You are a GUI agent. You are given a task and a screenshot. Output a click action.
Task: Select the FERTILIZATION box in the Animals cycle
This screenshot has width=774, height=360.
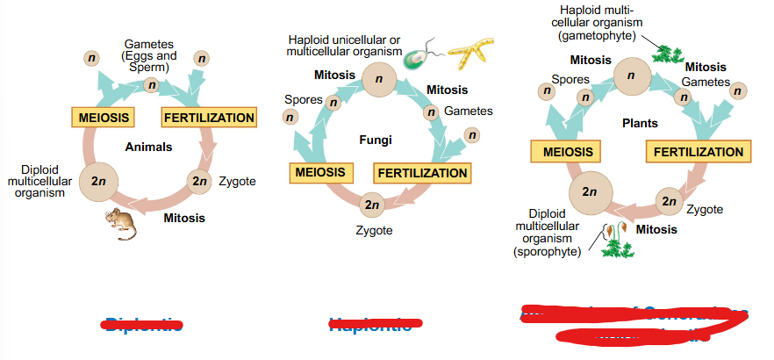pyautogui.click(x=208, y=118)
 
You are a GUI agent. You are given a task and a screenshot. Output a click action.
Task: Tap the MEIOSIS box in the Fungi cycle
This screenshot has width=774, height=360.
pyautogui.click(x=319, y=172)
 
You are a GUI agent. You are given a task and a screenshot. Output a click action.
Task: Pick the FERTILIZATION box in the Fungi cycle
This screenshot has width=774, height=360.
pyautogui.click(x=422, y=172)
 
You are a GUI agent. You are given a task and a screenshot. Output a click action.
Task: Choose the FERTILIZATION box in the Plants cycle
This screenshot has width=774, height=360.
pyautogui.click(x=698, y=152)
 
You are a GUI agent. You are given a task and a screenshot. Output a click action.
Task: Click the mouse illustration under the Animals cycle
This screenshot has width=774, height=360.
pyautogui.click(x=121, y=225)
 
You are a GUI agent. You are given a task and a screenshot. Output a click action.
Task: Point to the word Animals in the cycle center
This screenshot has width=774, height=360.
pyautogui.click(x=148, y=147)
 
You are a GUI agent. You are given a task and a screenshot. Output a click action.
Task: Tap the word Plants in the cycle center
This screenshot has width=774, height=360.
pyautogui.click(x=639, y=123)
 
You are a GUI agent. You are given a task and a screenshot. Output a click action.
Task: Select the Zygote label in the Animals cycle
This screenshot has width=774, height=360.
pyautogui.click(x=237, y=181)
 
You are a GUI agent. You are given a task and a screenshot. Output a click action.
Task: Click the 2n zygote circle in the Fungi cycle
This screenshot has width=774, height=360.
pyautogui.click(x=373, y=204)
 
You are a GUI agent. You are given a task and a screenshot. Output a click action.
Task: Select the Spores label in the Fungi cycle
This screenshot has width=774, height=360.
pyautogui.click(x=303, y=99)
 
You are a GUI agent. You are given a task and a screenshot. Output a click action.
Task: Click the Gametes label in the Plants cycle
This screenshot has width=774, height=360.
pyautogui.click(x=705, y=82)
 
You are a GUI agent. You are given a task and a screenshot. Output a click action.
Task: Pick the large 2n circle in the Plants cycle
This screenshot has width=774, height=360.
pyautogui.click(x=589, y=191)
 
